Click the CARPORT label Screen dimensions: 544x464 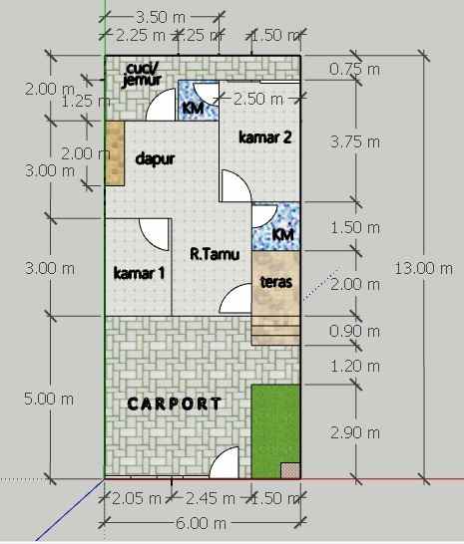(175, 404)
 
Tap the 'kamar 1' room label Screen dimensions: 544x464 (140, 272)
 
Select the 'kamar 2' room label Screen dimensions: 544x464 (264, 137)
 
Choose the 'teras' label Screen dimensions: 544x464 (275, 282)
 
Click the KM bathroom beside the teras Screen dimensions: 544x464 (283, 234)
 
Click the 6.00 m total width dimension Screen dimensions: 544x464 (200, 523)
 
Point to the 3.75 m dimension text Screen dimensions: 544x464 (354, 141)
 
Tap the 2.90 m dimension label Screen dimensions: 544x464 (354, 432)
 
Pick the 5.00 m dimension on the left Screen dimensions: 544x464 (50, 399)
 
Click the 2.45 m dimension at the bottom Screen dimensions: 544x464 (210, 498)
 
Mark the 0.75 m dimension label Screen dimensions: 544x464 (354, 70)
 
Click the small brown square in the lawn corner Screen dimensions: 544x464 (289, 469)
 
